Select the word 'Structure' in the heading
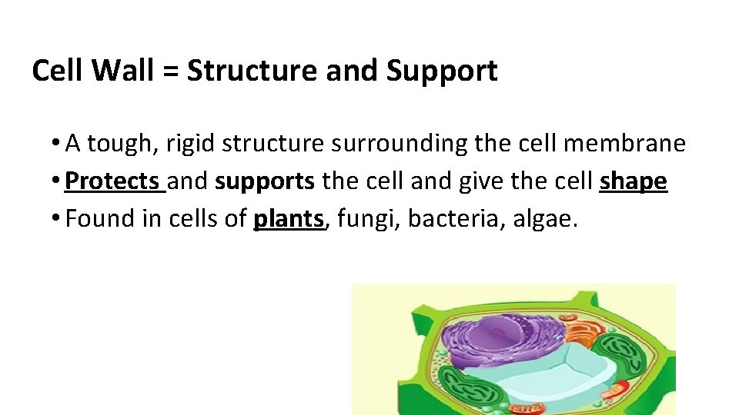tap(253, 71)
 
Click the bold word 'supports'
tap(265, 182)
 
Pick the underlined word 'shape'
tap(633, 182)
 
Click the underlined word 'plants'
tap(289, 219)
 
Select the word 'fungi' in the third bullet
tap(366, 220)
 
